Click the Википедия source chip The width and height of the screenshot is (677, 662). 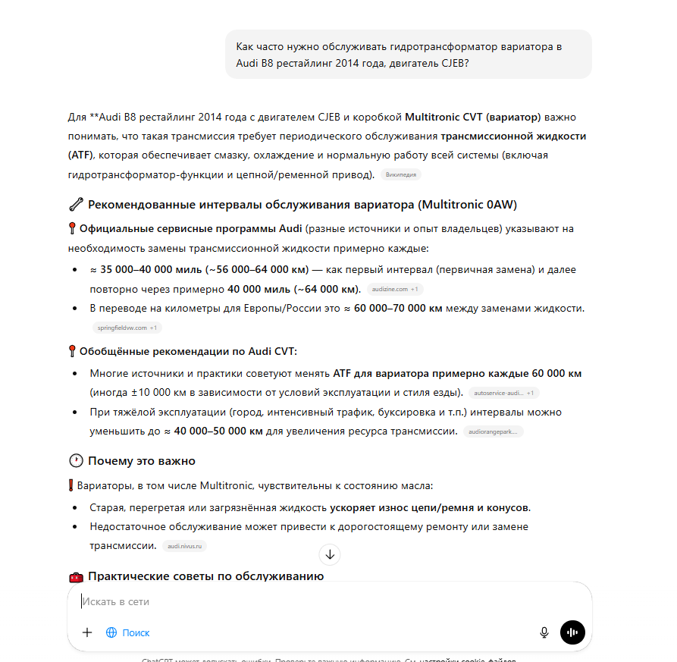pos(400,174)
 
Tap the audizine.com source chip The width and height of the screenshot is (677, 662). pos(395,289)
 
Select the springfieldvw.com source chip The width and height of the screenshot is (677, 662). pos(126,328)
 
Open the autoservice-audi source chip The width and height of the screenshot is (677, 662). pos(503,393)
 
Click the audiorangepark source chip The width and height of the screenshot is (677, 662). pos(493,431)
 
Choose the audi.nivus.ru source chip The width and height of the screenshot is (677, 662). pos(185,546)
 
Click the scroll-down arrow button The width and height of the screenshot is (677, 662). pos(330,554)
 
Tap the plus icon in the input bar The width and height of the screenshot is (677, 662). pos(87,632)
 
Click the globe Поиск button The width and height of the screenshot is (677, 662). pos(128,632)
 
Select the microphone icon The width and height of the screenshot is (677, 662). pos(544,632)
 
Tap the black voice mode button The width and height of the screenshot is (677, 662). pos(572,632)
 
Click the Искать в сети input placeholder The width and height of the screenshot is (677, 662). pos(116,601)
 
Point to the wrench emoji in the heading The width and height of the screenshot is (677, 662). pos(75,205)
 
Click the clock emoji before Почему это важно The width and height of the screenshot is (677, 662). pos(75,461)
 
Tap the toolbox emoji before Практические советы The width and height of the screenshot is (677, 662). pos(75,576)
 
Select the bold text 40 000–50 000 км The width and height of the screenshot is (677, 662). pos(218,431)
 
